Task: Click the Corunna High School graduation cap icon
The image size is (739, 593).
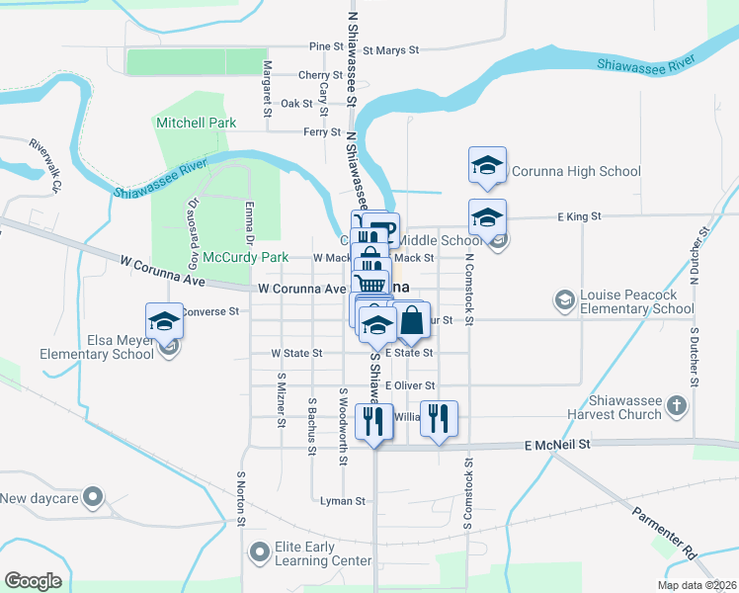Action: coord(487,166)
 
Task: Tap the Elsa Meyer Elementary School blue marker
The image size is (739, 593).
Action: coord(165,321)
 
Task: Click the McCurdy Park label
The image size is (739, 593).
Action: coord(246,258)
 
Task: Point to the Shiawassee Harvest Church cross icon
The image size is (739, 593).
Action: coord(677,405)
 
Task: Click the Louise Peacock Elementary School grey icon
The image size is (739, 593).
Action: coord(564,299)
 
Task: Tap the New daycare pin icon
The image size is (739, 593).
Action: coord(93,497)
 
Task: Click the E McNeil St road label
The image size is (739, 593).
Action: coord(556,446)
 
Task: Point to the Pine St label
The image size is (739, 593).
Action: coord(319,46)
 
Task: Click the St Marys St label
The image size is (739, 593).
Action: coord(391,48)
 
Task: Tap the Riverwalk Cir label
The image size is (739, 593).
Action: coord(45,165)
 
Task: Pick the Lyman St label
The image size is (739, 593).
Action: coord(343,501)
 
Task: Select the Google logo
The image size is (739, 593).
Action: coord(33,581)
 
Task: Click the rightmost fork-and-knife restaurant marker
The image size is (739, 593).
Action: coord(436,419)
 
